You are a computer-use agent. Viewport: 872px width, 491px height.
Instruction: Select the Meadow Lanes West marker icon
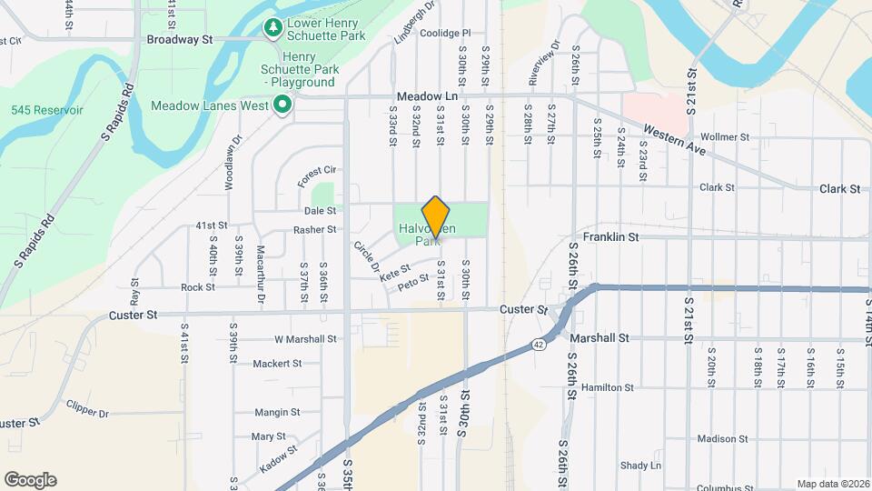(282, 105)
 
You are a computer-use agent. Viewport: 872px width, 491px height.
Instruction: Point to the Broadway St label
(179, 40)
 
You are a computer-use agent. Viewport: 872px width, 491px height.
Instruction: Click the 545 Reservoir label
(47, 110)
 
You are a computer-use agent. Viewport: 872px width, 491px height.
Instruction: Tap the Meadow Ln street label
(427, 96)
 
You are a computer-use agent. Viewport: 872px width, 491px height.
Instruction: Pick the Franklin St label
(611, 237)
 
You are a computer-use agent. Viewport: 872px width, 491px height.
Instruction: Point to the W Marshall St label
(305, 339)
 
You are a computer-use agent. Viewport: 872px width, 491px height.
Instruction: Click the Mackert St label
(277, 364)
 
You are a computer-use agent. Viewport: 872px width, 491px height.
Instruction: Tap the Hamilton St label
(608, 387)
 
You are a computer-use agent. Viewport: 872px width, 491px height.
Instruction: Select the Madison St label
(722, 438)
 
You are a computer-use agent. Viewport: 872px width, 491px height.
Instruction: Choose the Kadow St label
(278, 456)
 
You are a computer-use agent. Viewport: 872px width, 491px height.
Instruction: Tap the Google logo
(30, 480)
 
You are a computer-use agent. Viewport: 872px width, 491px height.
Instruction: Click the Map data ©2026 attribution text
(832, 484)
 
